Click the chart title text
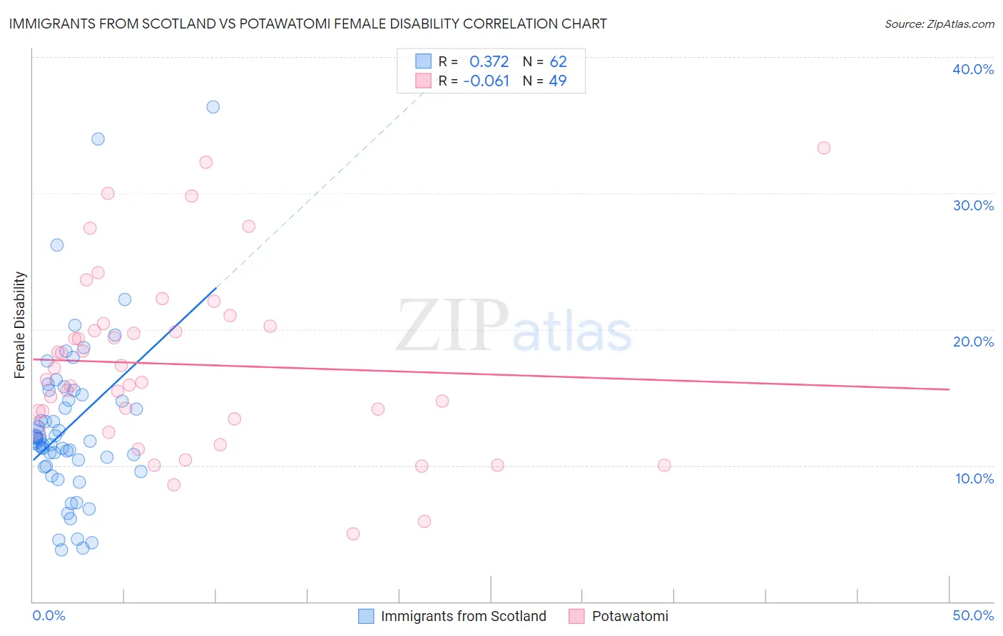307,24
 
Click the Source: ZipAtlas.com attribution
939,24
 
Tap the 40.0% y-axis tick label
973,69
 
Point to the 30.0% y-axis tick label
973,205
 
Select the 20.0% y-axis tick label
973,342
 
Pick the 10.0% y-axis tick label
974,478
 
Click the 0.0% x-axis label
49,615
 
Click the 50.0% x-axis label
973,615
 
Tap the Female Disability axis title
20,324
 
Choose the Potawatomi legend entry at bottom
630,616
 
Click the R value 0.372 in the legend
489,61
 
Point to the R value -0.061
486,81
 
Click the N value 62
558,61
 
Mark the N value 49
558,81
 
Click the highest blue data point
213,107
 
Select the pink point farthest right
823,148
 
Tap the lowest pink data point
352,534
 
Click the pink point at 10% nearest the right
664,466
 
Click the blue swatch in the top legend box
424,61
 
